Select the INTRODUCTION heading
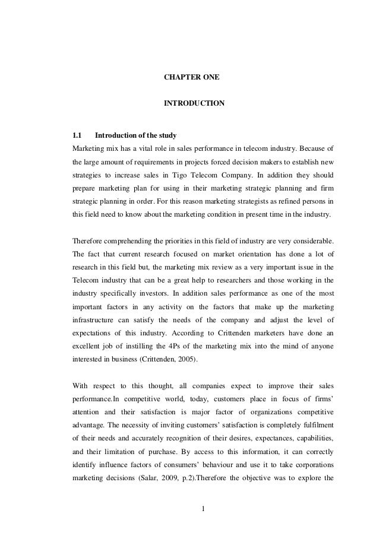(x=194, y=103)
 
